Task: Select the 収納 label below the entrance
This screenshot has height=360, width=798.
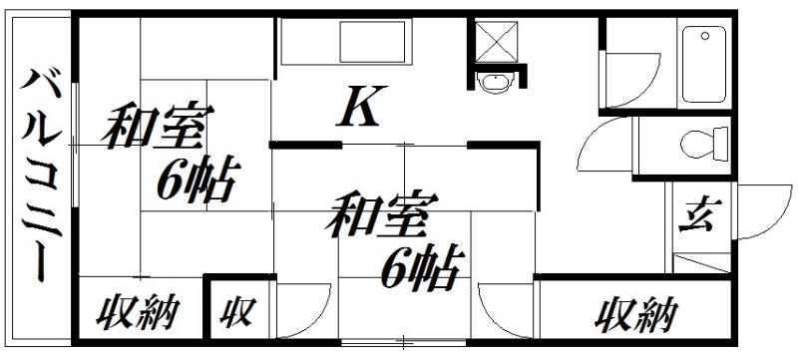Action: tap(637, 317)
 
